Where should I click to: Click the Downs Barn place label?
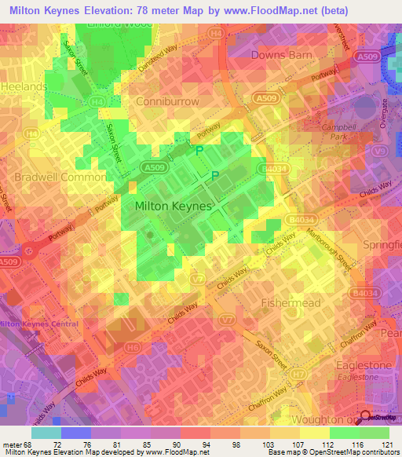click(x=281, y=55)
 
